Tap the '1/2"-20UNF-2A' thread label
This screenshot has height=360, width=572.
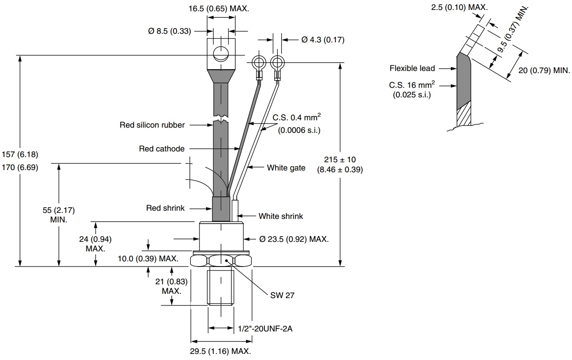click(265, 329)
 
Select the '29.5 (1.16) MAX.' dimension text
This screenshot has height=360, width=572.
click(221, 351)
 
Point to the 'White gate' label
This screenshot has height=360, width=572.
click(286, 168)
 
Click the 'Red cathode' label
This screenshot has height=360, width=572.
click(162, 149)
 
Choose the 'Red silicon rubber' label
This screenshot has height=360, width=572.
click(152, 125)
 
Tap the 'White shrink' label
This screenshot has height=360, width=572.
click(281, 216)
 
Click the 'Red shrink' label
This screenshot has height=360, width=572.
click(165, 208)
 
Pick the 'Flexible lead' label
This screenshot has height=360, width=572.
click(412, 68)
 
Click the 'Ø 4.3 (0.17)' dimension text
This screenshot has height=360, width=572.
click(323, 40)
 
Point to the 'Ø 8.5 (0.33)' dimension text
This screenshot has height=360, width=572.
click(168, 31)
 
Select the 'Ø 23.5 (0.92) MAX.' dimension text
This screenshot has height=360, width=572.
click(294, 239)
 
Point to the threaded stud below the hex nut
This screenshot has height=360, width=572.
click(221, 287)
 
